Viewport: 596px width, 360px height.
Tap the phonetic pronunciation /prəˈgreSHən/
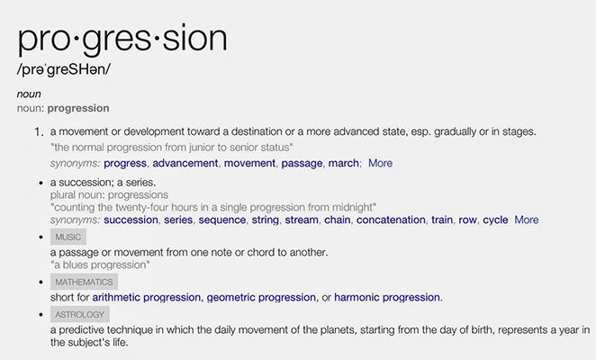[64, 69]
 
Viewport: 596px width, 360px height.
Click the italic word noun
[29, 94]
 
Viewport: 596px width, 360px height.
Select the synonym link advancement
[185, 163]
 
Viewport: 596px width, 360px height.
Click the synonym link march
[344, 163]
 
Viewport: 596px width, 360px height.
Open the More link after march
[380, 163]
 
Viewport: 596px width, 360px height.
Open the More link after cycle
[526, 220]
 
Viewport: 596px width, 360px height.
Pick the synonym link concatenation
[391, 220]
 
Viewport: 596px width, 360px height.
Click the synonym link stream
[302, 220]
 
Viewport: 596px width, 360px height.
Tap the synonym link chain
[337, 220]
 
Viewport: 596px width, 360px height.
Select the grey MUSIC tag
[68, 237]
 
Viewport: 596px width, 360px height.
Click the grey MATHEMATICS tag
[84, 282]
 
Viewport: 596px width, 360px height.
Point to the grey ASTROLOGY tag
[80, 314]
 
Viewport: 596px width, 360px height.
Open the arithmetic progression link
[147, 297]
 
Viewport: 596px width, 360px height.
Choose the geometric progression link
[261, 297]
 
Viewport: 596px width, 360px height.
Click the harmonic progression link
[387, 297]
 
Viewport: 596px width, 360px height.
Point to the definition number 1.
[39, 132]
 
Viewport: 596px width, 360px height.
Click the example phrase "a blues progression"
[100, 265]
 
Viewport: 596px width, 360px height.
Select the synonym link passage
[302, 163]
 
